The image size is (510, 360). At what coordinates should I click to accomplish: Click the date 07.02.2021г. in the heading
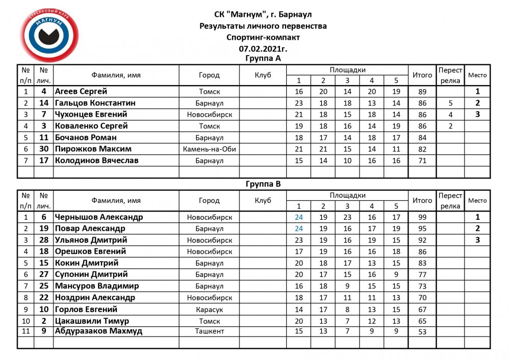coord(263,49)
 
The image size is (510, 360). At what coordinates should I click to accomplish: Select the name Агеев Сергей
coord(81,92)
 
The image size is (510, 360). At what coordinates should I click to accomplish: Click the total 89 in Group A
coord(422,92)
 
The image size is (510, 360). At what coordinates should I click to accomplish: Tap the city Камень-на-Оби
coord(209,149)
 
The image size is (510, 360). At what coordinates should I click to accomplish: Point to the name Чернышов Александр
coord(99,217)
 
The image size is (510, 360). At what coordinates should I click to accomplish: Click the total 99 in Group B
coord(422,217)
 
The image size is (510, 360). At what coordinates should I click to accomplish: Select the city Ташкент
coord(209,331)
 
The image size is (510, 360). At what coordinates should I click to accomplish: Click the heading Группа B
coord(263,184)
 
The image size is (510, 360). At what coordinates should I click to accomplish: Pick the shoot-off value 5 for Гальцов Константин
coord(450,104)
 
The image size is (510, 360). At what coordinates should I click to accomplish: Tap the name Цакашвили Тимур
coord(92,321)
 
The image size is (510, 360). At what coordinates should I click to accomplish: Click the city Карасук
coord(209,310)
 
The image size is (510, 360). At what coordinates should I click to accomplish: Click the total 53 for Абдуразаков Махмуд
coord(422,331)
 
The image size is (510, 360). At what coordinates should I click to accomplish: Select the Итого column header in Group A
coord(422,75)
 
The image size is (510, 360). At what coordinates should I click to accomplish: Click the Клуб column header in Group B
coord(263,200)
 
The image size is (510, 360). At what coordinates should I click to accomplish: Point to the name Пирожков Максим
coord(93,149)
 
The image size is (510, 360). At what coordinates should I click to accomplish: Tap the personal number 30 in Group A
coord(44,149)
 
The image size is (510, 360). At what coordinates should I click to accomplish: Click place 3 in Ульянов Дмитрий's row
coord(477,240)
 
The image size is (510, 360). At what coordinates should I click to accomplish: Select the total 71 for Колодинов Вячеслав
coord(422,161)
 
